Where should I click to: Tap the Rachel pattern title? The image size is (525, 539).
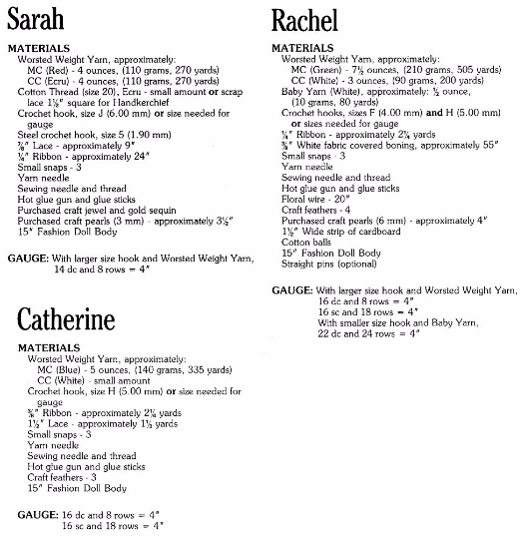(305, 21)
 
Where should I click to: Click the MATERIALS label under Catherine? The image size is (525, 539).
(45, 346)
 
